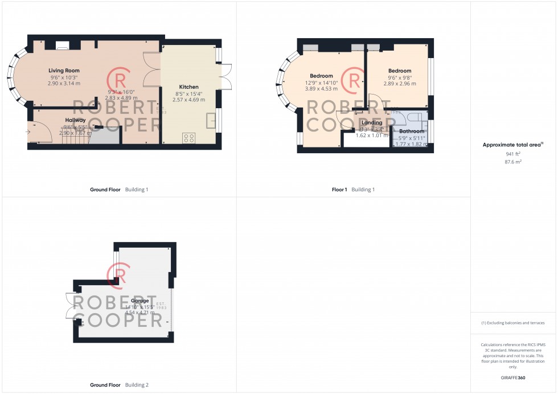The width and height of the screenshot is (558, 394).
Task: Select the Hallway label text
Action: pos(75,120)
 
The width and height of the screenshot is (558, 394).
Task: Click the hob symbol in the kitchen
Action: pos(188,138)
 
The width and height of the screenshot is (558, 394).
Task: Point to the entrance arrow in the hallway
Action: pos(28,132)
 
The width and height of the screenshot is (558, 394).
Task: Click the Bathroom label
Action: pos(411,131)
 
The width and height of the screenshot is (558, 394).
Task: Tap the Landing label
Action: pos(372,122)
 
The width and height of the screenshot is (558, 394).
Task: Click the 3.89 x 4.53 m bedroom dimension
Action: pos(321,88)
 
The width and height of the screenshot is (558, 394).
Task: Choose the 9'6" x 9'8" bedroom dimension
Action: pos(399,77)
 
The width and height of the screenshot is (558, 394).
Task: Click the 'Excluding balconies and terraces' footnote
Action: pos(513,323)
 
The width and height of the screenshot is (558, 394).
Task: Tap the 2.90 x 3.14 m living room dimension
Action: pos(63,83)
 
